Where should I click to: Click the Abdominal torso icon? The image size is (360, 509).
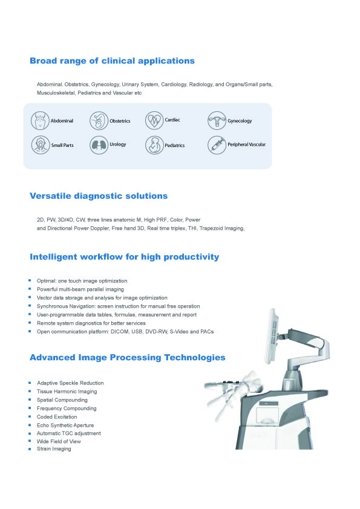pyautogui.click(x=40, y=120)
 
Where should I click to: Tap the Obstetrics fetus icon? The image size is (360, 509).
pyautogui.click(x=99, y=121)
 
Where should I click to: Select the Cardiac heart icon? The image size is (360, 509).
pyautogui.click(x=154, y=120)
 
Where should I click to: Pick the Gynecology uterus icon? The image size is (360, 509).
pyautogui.click(x=217, y=120)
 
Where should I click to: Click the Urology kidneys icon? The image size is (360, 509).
pyautogui.click(x=99, y=144)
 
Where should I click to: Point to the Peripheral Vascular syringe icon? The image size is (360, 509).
pyautogui.click(x=217, y=144)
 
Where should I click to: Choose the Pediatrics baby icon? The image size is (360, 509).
pyautogui.click(x=154, y=144)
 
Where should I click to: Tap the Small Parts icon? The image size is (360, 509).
pyautogui.click(x=41, y=144)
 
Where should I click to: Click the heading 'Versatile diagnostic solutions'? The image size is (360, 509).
pyautogui.click(x=99, y=196)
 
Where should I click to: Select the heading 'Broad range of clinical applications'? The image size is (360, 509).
pyautogui.click(x=112, y=60)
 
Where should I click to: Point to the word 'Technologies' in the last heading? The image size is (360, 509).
pyautogui.click(x=195, y=357)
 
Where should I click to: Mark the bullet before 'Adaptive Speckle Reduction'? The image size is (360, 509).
pyautogui.click(x=30, y=383)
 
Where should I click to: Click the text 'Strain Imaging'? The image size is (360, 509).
pyautogui.click(x=54, y=449)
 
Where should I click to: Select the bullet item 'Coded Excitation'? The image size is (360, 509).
pyautogui.click(x=57, y=417)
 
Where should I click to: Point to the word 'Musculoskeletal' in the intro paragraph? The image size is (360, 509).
pyautogui.click(x=56, y=93)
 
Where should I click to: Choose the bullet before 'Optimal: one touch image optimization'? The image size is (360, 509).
pyautogui.click(x=30, y=280)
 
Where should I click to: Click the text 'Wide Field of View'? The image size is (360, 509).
pyautogui.click(x=59, y=441)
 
